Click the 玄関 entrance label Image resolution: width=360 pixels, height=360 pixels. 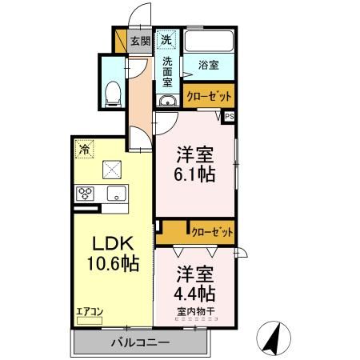click(140, 39)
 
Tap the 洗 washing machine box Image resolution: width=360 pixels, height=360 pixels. click(166, 38)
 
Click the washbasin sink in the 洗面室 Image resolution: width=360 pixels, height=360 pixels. click(167, 101)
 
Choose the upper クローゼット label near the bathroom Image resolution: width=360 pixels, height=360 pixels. click(210, 96)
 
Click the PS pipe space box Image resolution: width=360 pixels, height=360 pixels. click(230, 116)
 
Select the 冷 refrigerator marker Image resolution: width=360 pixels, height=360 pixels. click(83, 148)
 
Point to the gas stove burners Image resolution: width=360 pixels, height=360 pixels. click(86, 193)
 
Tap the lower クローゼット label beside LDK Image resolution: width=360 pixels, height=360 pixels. click(213, 232)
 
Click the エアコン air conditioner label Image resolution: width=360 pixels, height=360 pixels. click(89, 311)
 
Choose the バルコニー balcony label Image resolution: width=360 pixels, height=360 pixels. click(140, 342)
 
